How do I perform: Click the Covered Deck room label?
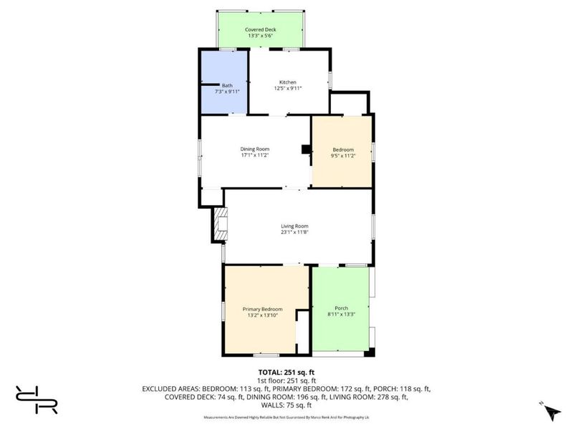pyautogui.click(x=260, y=29)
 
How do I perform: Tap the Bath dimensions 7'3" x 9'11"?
pyautogui.click(x=227, y=92)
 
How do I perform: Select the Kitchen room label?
pyautogui.click(x=288, y=82)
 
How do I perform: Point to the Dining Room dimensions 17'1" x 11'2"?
pyautogui.click(x=255, y=155)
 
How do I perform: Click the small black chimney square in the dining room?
pyautogui.click(x=306, y=149)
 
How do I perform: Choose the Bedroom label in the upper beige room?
pyautogui.click(x=343, y=149)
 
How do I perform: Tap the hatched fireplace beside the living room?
pyautogui.click(x=220, y=225)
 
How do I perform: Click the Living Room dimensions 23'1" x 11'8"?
pyautogui.click(x=294, y=232)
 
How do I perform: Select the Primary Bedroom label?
pyautogui.click(x=262, y=309)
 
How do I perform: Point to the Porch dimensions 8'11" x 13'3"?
pyautogui.click(x=342, y=314)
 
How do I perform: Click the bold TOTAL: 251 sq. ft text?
pyautogui.click(x=286, y=373)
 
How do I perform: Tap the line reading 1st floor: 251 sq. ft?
pyautogui.click(x=286, y=381)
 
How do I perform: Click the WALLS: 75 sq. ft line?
pyautogui.click(x=286, y=405)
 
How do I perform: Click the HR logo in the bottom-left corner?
pyautogui.click(x=37, y=400)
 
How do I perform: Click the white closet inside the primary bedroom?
pyautogui.click(x=303, y=332)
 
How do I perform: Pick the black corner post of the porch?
pyautogui.click(x=370, y=352)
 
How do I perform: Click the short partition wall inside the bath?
pyautogui.click(x=210, y=84)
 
